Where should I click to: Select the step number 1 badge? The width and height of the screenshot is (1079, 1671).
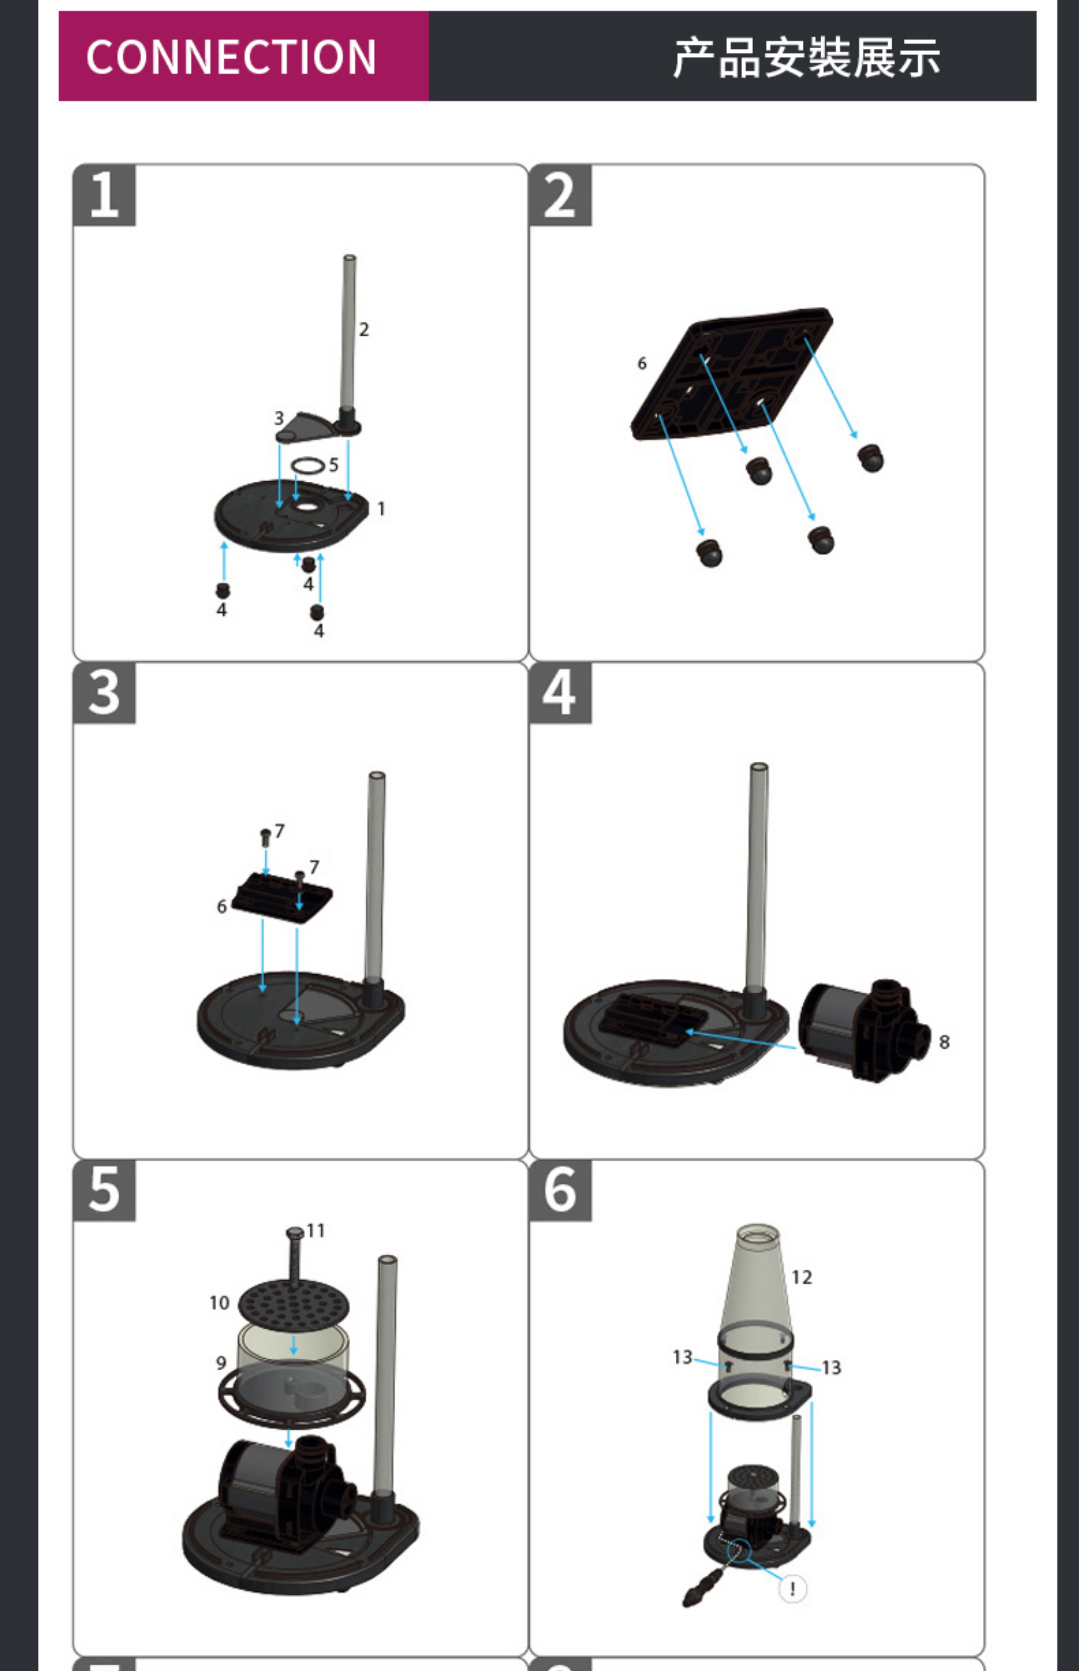tap(104, 195)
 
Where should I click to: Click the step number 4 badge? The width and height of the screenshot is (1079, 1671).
tap(559, 693)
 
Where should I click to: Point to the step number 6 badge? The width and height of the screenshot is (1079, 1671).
tap(559, 1190)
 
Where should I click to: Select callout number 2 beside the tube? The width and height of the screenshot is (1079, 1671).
tap(364, 329)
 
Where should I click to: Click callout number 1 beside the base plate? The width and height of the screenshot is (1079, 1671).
tap(381, 509)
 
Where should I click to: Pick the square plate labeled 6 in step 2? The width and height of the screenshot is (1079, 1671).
tap(732, 375)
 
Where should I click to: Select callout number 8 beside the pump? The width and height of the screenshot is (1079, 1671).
tap(944, 1042)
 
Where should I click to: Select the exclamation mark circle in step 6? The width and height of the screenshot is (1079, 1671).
tap(792, 1588)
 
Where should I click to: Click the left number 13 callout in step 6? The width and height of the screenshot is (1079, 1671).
tap(682, 1357)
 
